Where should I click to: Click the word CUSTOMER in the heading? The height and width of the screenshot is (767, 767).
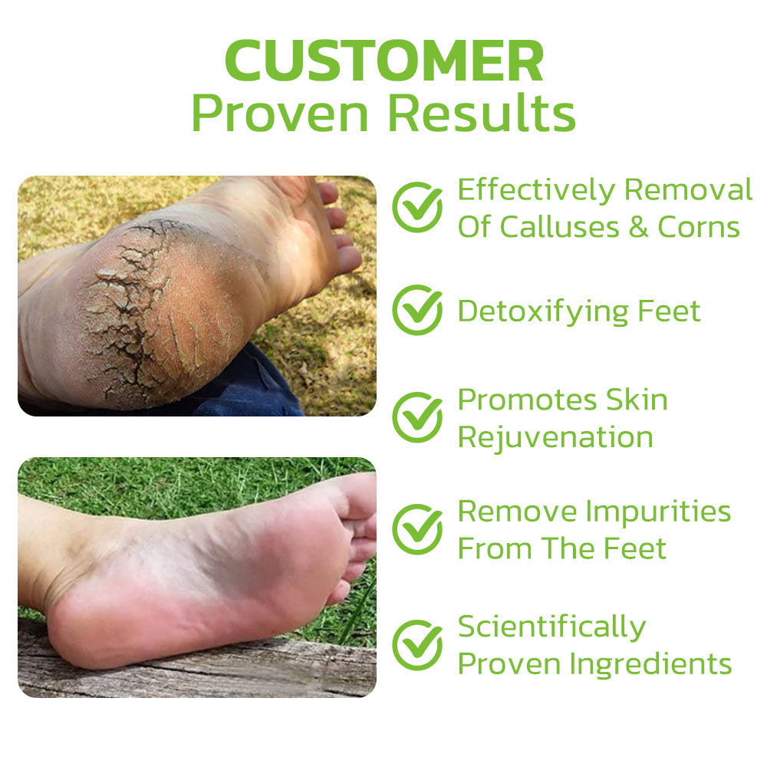pyautogui.click(x=383, y=61)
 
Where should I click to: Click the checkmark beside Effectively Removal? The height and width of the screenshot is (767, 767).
pyautogui.click(x=417, y=207)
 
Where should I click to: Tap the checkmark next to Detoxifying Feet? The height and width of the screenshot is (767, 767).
pyautogui.click(x=417, y=310)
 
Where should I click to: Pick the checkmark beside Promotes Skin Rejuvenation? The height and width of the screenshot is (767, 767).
pyautogui.click(x=417, y=417)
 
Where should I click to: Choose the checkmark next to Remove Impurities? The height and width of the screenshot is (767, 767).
pyautogui.click(x=417, y=528)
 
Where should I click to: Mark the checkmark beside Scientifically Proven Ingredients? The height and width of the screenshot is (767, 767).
pyautogui.click(x=417, y=644)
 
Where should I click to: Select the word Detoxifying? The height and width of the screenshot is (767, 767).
pyautogui.click(x=542, y=312)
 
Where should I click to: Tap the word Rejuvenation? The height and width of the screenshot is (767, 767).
pyautogui.click(x=555, y=438)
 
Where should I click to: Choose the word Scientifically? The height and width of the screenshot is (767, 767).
pyautogui.click(x=551, y=627)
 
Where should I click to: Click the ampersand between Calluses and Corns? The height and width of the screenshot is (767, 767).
pyautogui.click(x=638, y=227)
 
